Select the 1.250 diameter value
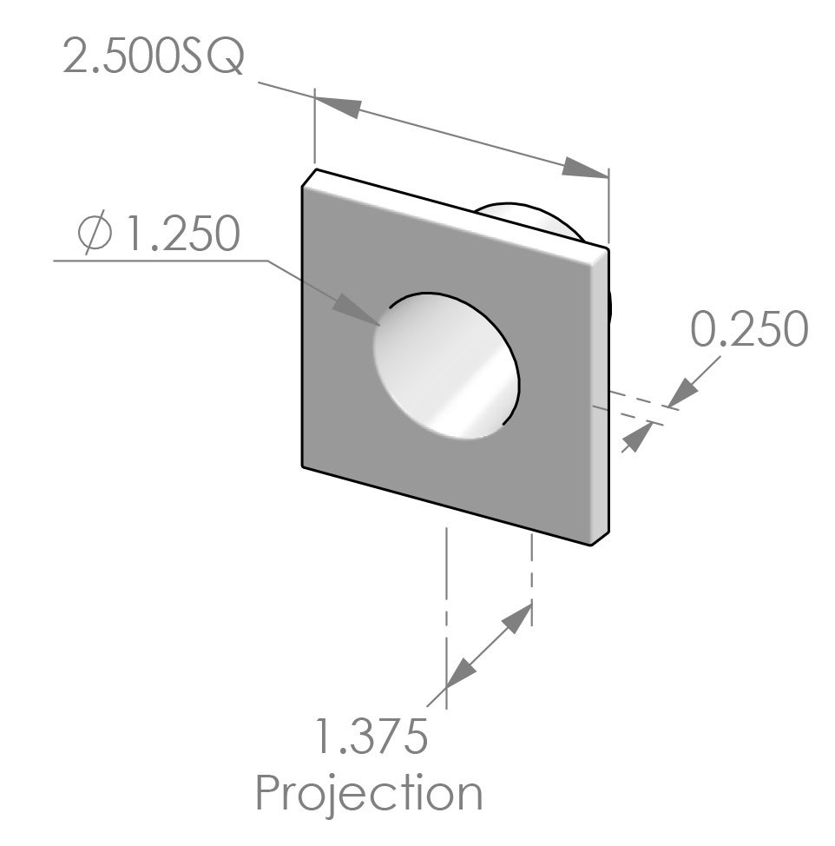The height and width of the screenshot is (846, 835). pyautogui.click(x=181, y=234)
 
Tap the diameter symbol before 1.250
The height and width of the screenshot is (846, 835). pyautogui.click(x=93, y=234)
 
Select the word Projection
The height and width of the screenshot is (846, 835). pyautogui.click(x=369, y=792)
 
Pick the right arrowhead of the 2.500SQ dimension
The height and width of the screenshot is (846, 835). pyautogui.click(x=584, y=169)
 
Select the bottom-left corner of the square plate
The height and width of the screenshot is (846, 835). pyautogui.click(x=303, y=466)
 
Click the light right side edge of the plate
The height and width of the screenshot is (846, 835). pyautogui.click(x=600, y=400)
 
